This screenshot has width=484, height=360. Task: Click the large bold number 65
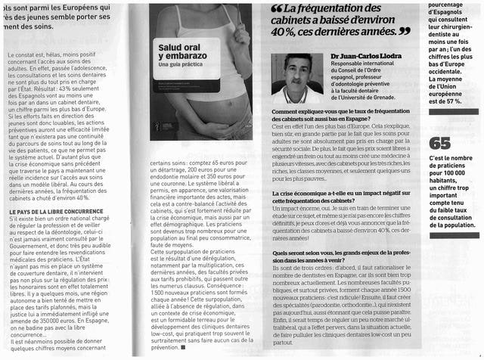pos(440,143)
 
